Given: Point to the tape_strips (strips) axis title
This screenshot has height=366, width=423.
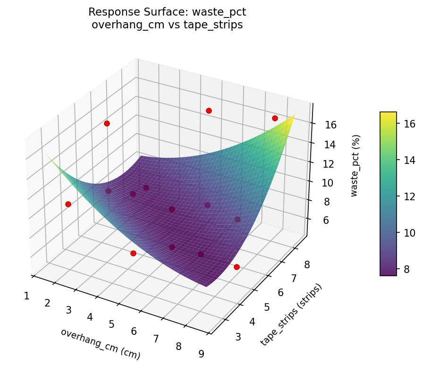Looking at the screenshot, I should point(291,315).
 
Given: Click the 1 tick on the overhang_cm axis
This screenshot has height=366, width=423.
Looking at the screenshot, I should point(26,296).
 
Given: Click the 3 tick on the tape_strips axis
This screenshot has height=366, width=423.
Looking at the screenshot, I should point(238,337).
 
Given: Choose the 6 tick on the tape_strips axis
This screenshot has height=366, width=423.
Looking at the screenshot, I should point(281,293).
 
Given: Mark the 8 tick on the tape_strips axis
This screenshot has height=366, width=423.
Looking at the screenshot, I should point(307,265).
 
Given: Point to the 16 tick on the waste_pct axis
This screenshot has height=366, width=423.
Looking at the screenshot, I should point(330,125).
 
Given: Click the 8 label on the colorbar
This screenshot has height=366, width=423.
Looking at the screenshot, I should point(408,269).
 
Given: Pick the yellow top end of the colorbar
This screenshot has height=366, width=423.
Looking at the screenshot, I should point(388,114).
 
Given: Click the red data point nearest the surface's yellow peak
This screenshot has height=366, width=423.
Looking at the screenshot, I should point(275,118).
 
